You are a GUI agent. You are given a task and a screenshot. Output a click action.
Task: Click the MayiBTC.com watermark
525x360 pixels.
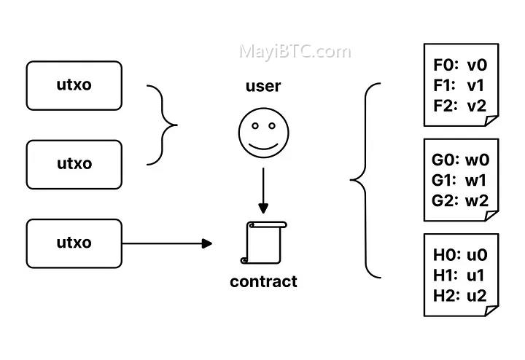[x=295, y=52]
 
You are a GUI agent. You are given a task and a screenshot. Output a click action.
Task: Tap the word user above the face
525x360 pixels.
[x=263, y=86]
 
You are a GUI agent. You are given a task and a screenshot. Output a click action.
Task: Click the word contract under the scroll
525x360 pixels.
[x=263, y=281]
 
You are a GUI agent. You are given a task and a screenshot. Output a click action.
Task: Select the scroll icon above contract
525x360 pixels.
[x=263, y=243]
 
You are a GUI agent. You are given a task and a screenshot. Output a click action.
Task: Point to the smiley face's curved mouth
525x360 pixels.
[x=263, y=146]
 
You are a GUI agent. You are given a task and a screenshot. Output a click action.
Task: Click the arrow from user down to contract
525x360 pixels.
[x=263, y=190]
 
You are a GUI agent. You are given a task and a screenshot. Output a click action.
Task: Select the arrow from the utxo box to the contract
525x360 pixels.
[x=167, y=243]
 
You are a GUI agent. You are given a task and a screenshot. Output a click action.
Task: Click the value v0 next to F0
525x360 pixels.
[x=477, y=65]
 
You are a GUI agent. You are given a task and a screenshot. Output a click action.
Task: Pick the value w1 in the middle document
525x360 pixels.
[x=475, y=180]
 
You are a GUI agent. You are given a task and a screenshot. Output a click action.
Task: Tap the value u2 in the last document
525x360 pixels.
[x=476, y=296]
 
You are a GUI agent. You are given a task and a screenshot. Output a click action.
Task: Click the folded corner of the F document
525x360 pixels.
[x=491, y=120]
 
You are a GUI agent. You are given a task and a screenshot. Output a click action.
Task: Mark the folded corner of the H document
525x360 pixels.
[x=491, y=310]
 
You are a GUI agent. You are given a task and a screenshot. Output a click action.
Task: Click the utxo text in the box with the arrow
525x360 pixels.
[x=74, y=243]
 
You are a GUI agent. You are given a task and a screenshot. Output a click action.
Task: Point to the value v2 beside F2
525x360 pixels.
[x=477, y=106]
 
